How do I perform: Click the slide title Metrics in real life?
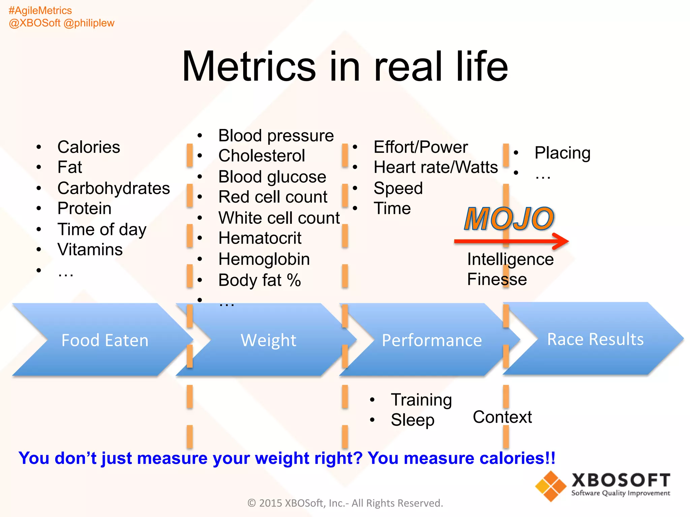(345, 66)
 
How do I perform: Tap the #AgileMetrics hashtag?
(40, 10)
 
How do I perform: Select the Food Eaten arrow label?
(105, 340)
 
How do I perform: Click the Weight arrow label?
(268, 340)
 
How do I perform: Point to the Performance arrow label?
(432, 340)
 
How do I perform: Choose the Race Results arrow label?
(595, 339)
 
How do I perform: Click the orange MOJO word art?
(509, 219)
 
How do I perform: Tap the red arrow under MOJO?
(511, 241)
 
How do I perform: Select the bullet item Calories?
(89, 147)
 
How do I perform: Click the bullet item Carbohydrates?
(114, 188)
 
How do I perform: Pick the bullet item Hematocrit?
(260, 238)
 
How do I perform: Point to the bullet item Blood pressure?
(276, 136)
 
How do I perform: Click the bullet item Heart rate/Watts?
(435, 167)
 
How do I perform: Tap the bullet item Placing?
(562, 153)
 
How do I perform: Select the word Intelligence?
(510, 260)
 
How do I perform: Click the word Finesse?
(497, 279)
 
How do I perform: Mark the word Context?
(502, 417)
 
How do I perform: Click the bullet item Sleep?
(412, 420)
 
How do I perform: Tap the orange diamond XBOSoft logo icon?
(551, 486)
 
